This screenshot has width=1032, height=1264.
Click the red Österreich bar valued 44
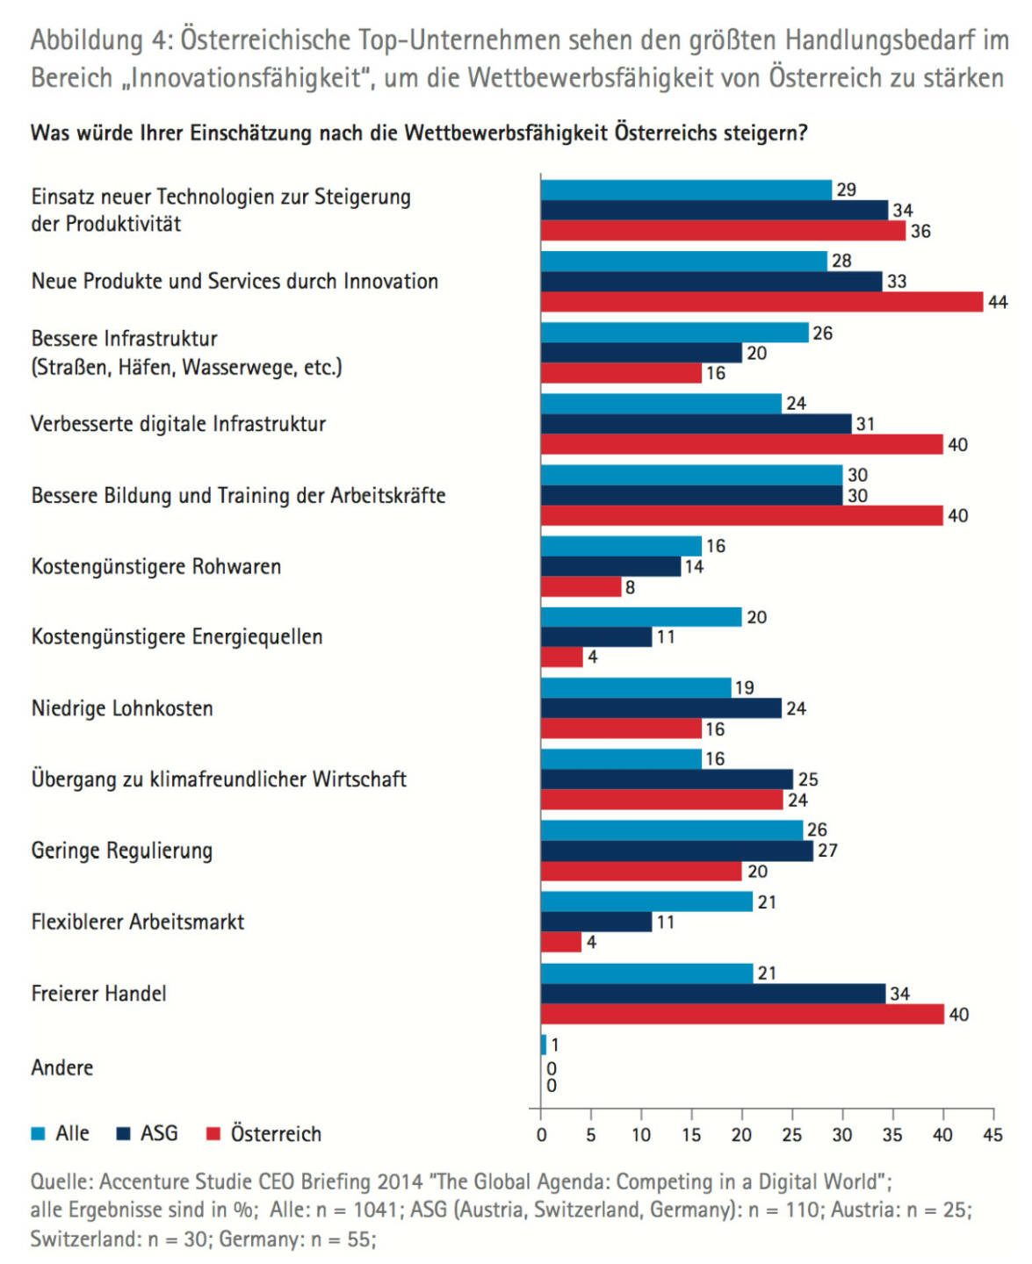tap(761, 302)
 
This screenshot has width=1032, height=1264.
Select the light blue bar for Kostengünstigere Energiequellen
tap(640, 617)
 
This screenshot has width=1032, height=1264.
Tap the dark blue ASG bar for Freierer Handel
tap(712, 994)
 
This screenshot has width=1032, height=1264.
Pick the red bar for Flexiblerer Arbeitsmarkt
tap(560, 943)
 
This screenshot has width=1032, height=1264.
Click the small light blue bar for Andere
tap(544, 1045)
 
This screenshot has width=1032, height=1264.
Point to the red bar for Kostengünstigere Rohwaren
tap(581, 587)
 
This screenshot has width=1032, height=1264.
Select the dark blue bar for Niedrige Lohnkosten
tap(660, 708)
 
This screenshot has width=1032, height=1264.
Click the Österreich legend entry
tap(263, 1134)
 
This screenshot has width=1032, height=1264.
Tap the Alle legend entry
tap(61, 1134)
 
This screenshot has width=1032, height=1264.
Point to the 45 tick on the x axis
tap(992, 1135)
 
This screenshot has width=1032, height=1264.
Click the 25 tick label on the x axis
tap(791, 1135)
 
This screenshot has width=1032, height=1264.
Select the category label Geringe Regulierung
tap(122, 851)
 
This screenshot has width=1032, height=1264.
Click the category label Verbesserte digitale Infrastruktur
tap(178, 424)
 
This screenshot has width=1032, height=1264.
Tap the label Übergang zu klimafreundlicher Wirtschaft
tap(219, 779)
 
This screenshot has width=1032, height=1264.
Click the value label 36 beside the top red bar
tap(920, 232)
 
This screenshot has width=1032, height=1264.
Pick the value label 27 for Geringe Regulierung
tap(827, 851)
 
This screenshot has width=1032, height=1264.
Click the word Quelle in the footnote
tap(61, 1181)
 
